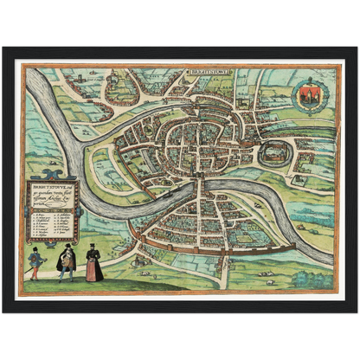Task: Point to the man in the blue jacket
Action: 35,262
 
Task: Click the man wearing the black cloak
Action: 66,261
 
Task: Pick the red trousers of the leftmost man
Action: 35,271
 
